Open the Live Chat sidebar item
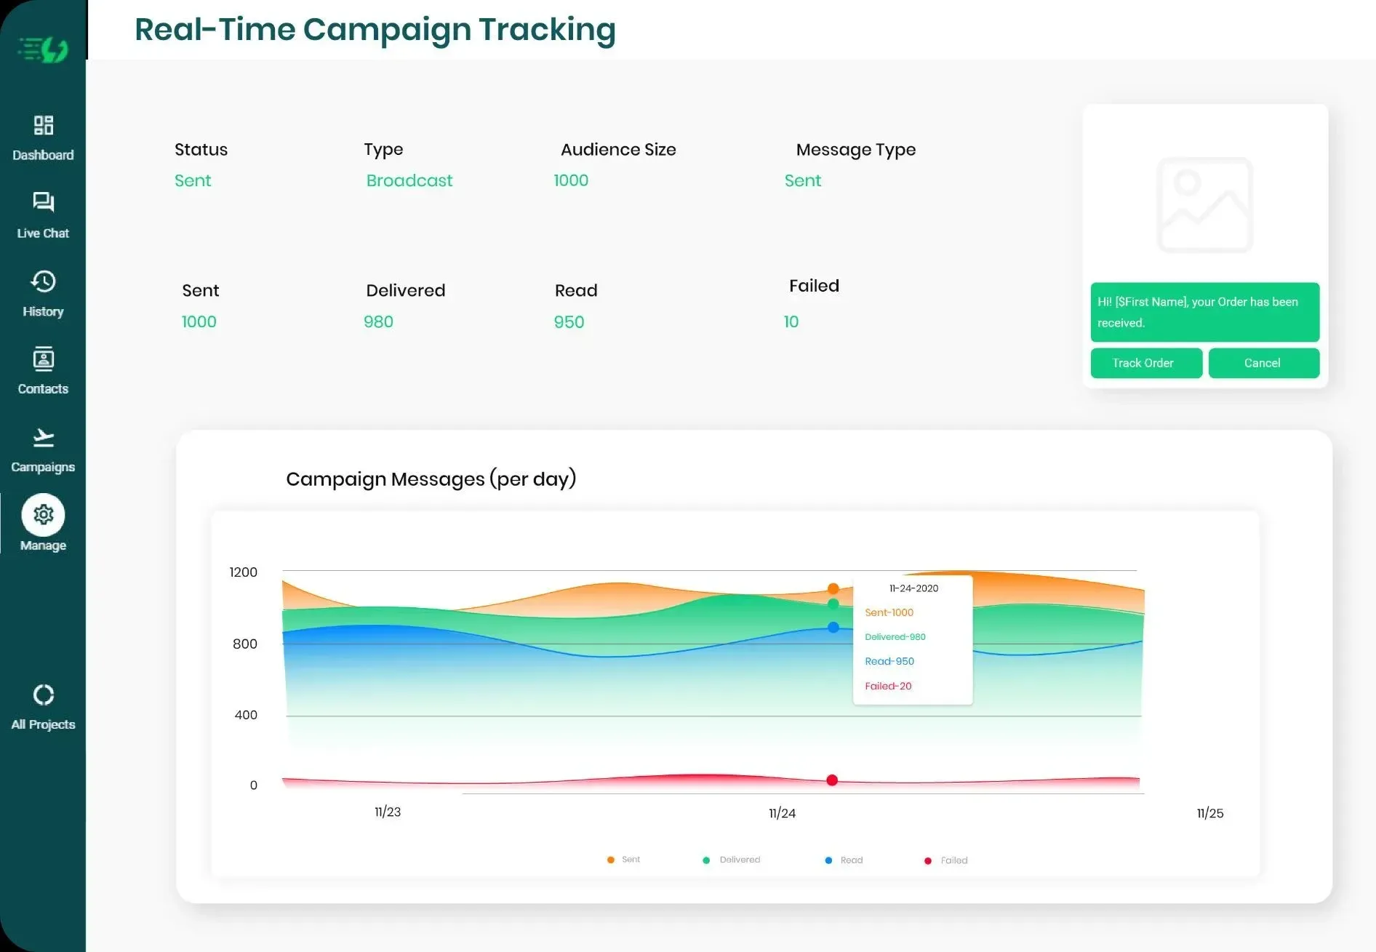click(x=43, y=215)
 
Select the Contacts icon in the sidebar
click(x=43, y=359)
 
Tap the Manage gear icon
click(x=43, y=515)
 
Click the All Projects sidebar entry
click(x=43, y=706)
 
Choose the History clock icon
click(x=43, y=281)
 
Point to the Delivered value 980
click(x=378, y=321)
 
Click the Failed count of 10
click(x=791, y=321)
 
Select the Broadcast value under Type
click(x=409, y=180)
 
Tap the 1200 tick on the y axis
click(x=243, y=572)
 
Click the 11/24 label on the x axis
click(x=782, y=813)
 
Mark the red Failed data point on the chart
click(x=832, y=780)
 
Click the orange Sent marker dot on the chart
click(x=833, y=588)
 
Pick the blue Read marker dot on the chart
click(x=833, y=627)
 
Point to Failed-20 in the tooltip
click(x=887, y=686)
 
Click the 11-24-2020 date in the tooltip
click(x=913, y=588)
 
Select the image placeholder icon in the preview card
click(x=1204, y=205)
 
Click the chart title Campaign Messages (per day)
click(x=431, y=479)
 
